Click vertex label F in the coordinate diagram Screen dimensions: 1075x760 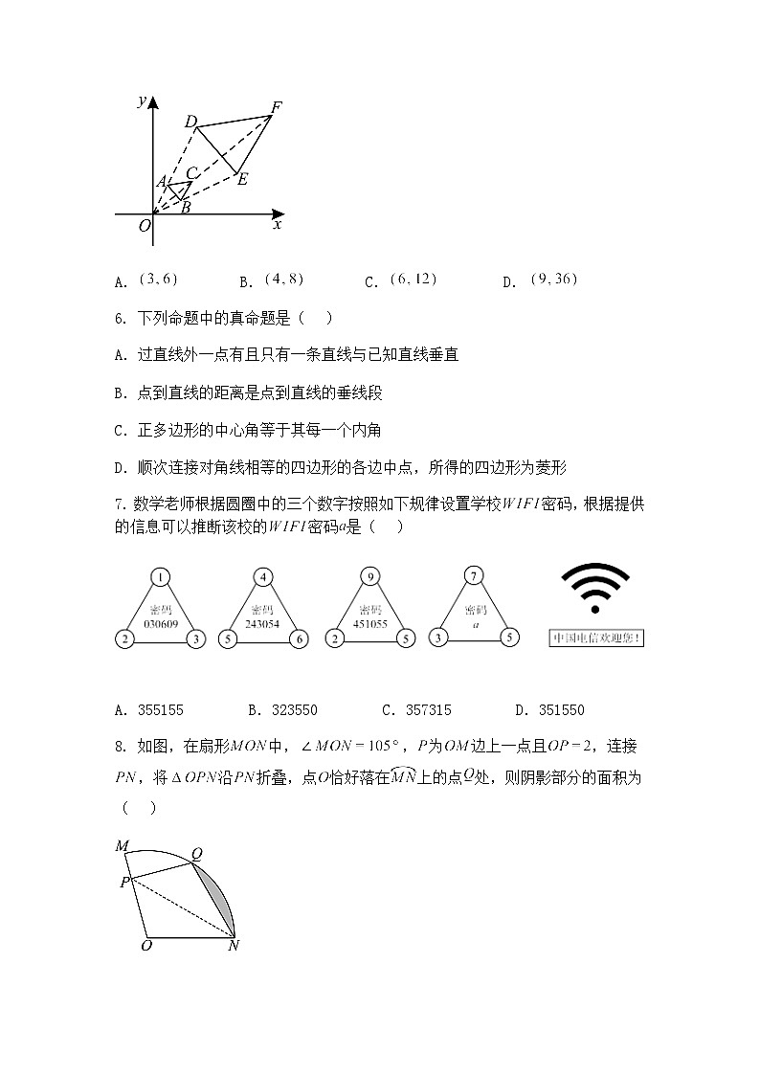click(x=276, y=107)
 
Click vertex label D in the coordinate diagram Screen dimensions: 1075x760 click(x=190, y=122)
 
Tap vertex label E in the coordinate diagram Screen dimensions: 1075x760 click(x=242, y=179)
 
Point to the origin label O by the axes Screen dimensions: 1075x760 click(x=144, y=226)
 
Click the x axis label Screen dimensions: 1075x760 click(x=278, y=225)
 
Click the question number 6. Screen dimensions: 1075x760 click(x=119, y=319)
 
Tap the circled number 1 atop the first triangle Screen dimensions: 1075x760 click(x=161, y=577)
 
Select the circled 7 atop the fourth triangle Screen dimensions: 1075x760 click(x=472, y=577)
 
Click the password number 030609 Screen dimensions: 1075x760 click(x=161, y=622)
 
